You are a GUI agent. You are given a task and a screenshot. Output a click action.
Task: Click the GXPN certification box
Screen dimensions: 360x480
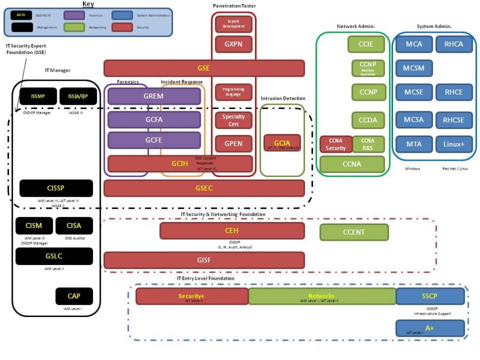(233, 44)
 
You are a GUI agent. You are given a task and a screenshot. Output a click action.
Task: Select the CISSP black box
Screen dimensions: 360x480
(56, 188)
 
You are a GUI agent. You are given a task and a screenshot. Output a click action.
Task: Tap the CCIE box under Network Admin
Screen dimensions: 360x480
(366, 44)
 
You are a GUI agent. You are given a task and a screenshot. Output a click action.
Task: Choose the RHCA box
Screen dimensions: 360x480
(454, 44)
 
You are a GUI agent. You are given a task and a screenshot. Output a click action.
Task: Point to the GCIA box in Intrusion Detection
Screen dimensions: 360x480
(282, 143)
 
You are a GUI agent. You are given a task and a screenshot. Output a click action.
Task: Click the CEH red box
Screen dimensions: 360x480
(232, 231)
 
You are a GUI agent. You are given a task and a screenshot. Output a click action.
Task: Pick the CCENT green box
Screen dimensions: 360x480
(354, 232)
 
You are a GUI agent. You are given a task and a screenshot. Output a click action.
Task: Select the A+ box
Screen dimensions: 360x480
(429, 328)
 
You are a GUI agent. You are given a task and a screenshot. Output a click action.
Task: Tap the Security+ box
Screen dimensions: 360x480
(192, 296)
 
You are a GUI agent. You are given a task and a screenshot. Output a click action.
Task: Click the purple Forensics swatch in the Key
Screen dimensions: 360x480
(74, 15)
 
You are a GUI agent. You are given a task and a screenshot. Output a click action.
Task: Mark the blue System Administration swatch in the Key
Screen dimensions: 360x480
(122, 15)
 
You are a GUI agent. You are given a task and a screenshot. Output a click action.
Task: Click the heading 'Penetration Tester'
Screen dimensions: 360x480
(234, 6)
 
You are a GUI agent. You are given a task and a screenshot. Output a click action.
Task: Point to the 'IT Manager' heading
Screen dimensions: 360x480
(58, 70)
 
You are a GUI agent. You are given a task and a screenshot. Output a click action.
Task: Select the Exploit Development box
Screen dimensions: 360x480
(233, 24)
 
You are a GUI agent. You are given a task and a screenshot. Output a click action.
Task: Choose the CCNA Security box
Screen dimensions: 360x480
(335, 144)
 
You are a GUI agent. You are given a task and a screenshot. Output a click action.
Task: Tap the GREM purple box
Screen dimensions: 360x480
(154, 96)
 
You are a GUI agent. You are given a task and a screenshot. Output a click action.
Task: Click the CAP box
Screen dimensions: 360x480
(74, 296)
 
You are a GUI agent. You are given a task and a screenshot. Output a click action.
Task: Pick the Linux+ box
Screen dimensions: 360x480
(454, 144)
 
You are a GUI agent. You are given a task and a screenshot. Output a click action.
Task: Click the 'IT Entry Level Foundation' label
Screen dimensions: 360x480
(205, 279)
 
